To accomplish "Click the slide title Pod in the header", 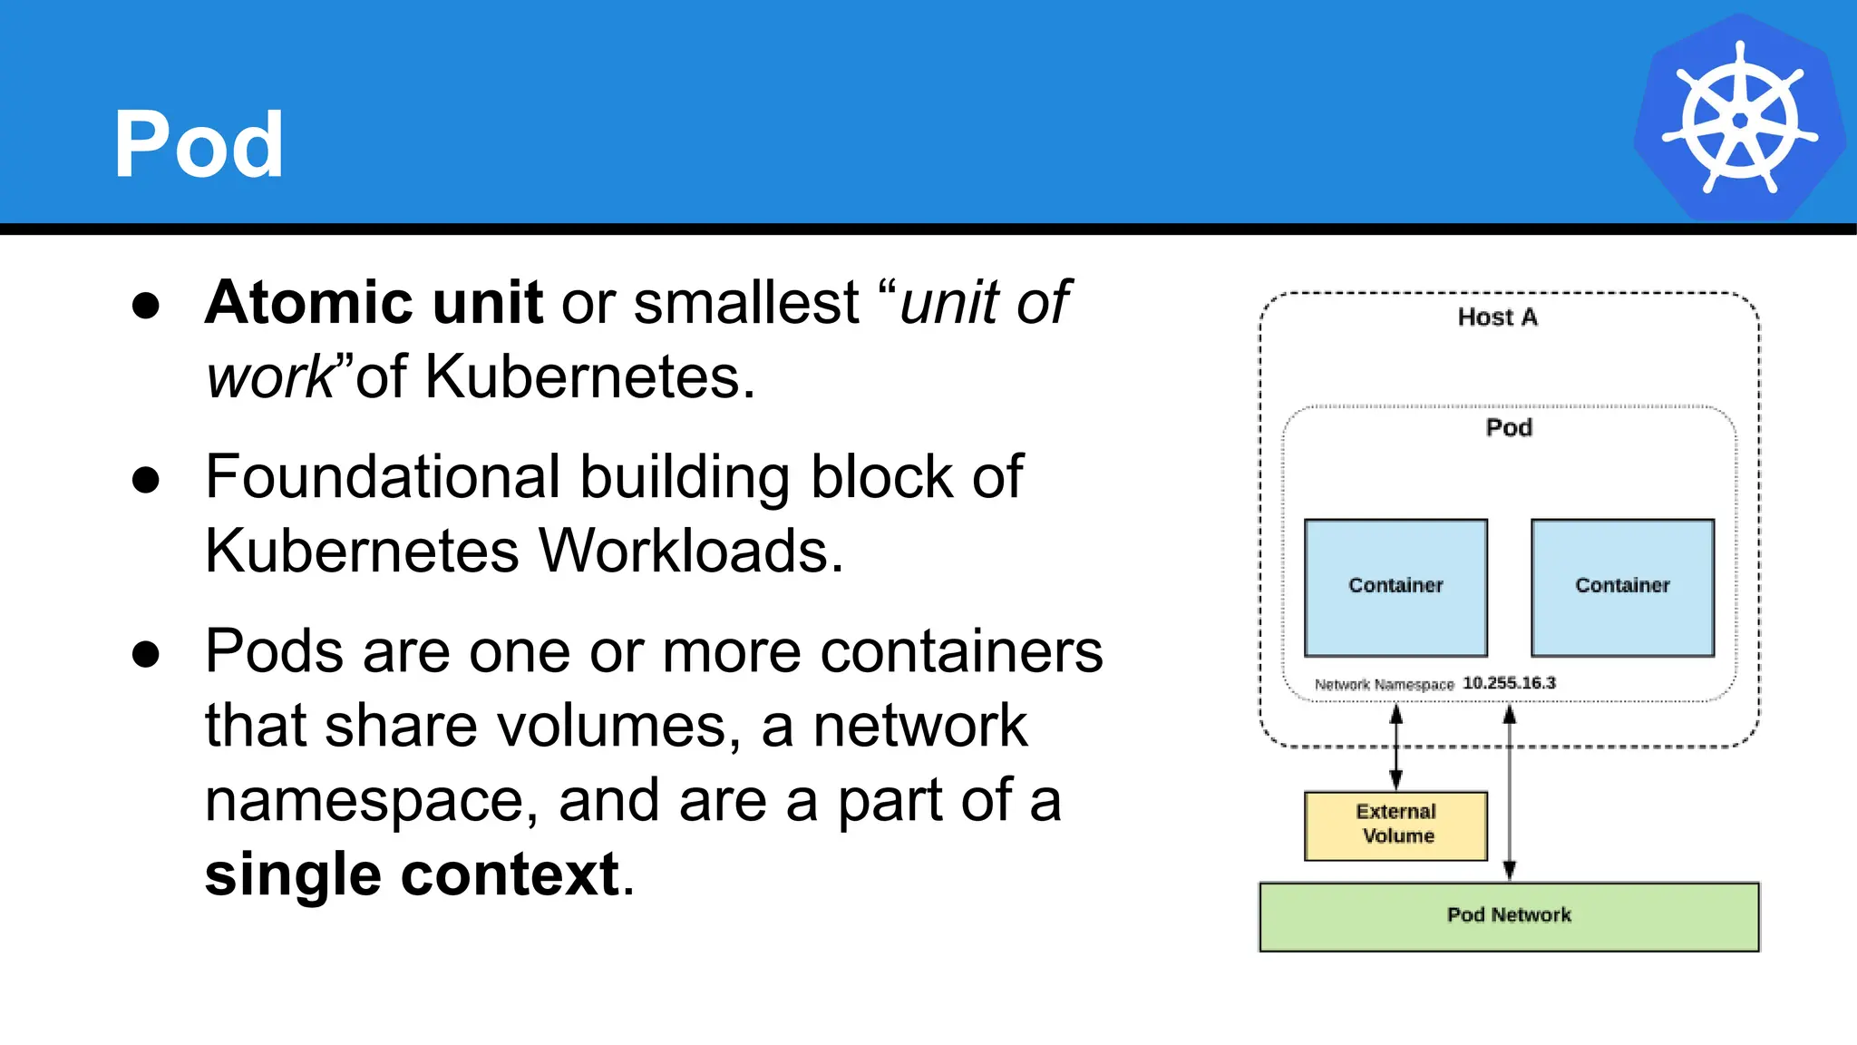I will click(199, 144).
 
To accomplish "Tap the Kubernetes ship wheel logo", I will click(1739, 119).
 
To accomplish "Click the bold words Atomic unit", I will click(374, 302).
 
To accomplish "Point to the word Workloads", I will click(690, 551).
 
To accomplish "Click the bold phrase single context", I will click(413, 874).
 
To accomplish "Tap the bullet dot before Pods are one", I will click(146, 654).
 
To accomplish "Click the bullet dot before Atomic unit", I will click(146, 305).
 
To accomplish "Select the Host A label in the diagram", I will click(1497, 317).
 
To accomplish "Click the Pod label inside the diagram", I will click(1509, 427).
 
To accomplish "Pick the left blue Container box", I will click(1395, 587).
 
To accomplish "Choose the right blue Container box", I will click(1622, 587).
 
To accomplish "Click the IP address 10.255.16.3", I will click(1509, 682).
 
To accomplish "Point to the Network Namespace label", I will click(1384, 684).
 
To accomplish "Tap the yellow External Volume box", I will click(1395, 825).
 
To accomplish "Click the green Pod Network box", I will click(1509, 915).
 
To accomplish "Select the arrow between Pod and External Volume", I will click(1396, 747).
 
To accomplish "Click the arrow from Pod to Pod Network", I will click(1510, 794).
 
